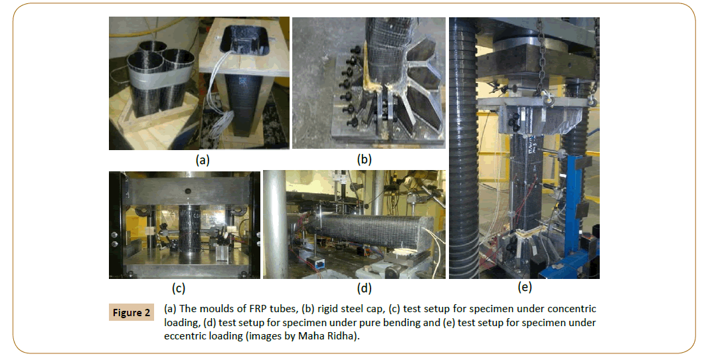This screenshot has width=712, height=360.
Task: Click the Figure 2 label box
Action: click(x=132, y=313)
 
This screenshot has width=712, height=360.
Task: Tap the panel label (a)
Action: click(x=202, y=160)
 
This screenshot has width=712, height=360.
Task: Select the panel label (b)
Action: click(x=364, y=159)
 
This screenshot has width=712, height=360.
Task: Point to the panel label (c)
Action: click(x=179, y=288)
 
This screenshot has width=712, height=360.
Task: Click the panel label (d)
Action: click(x=364, y=288)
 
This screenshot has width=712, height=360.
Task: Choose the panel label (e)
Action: click(x=525, y=287)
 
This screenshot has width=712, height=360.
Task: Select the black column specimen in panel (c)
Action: click(x=189, y=234)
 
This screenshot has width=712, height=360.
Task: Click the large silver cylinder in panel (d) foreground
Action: click(x=276, y=225)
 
